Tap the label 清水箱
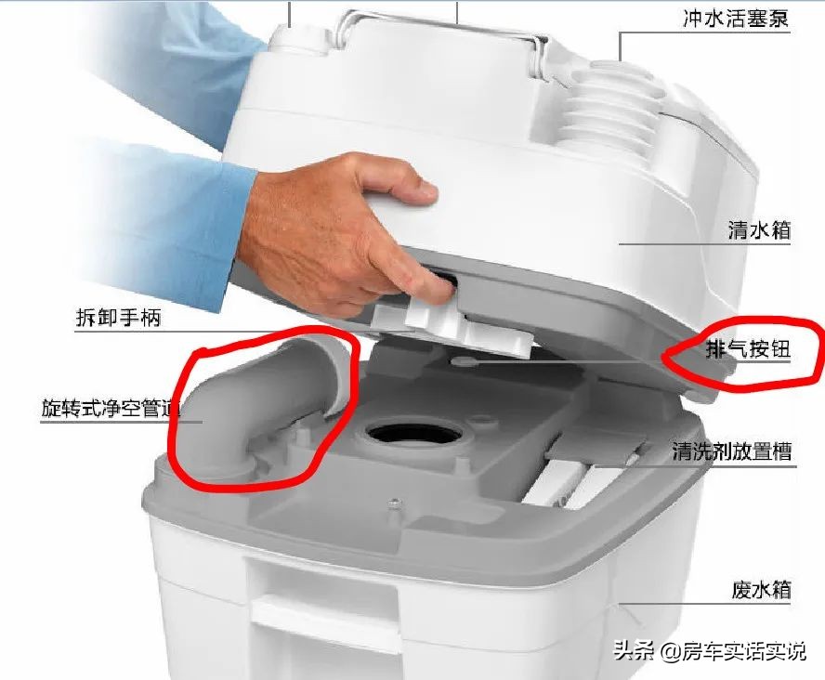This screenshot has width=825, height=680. pos(758,229)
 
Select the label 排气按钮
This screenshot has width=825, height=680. pos(747,350)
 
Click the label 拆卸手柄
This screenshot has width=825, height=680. pos(118,318)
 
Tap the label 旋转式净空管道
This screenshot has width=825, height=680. pos(111,408)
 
